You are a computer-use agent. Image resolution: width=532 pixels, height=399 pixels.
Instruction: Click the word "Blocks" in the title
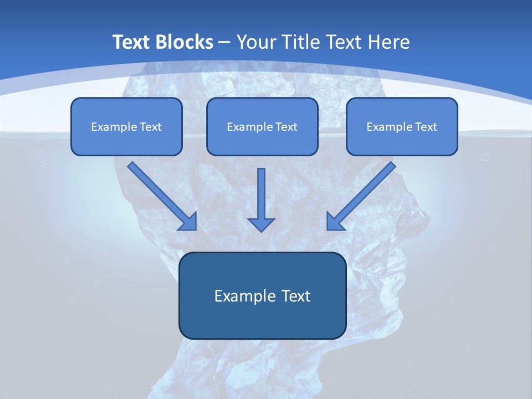pos(185,42)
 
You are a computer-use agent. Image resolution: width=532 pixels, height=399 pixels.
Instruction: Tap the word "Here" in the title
pos(389,42)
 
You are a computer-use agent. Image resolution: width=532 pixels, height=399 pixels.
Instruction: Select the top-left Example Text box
pos(126,127)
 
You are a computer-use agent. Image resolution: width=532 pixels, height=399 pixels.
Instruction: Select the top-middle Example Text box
pos(262,127)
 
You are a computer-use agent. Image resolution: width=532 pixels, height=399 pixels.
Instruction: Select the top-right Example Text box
pos(402,127)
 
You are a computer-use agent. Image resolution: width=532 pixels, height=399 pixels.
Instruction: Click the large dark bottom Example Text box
pos(262,296)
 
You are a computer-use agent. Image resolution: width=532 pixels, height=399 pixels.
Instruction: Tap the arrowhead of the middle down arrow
pos(261,224)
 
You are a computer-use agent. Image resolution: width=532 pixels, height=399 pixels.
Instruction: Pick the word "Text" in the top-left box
pos(150,127)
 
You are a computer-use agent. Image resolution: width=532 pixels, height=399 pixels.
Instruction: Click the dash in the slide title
pos(224,43)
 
